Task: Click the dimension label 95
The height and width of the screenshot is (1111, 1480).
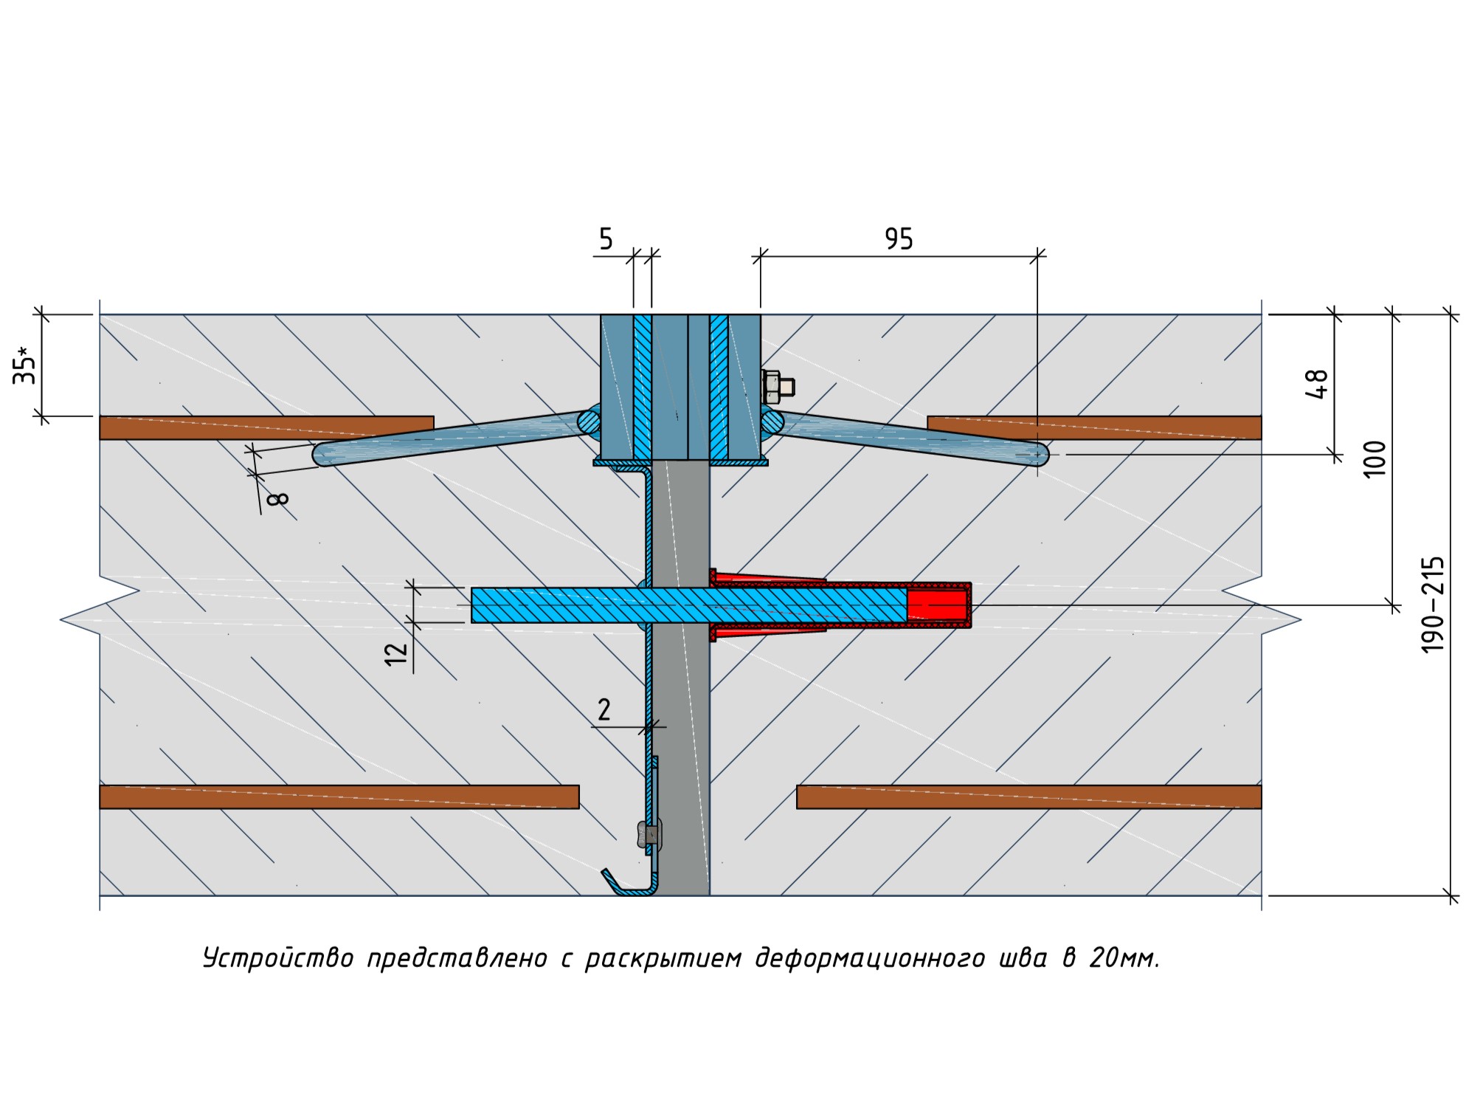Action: [x=899, y=239]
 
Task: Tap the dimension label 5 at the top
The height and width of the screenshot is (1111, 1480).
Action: [x=606, y=239]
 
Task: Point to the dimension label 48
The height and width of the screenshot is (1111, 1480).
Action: [x=1317, y=384]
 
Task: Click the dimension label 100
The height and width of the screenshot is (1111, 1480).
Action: [x=1375, y=459]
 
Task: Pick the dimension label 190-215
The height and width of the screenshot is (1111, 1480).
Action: [x=1433, y=605]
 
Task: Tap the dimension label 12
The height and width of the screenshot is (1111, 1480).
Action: [x=397, y=653]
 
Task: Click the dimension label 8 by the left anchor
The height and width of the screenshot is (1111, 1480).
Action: [x=278, y=499]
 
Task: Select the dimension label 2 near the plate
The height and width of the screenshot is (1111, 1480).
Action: [x=604, y=710]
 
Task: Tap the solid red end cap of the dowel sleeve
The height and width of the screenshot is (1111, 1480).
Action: [x=937, y=605]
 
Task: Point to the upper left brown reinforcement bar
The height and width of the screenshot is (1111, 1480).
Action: [x=266, y=427]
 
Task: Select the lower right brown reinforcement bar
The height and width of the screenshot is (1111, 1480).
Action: [x=1028, y=797]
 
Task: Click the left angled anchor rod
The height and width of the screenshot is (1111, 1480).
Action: [x=450, y=438]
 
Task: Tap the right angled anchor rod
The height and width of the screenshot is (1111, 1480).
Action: [x=907, y=438]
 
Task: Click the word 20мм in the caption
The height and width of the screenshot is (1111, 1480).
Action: [x=1124, y=958]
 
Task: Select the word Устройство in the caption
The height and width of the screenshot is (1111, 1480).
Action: [x=278, y=958]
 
